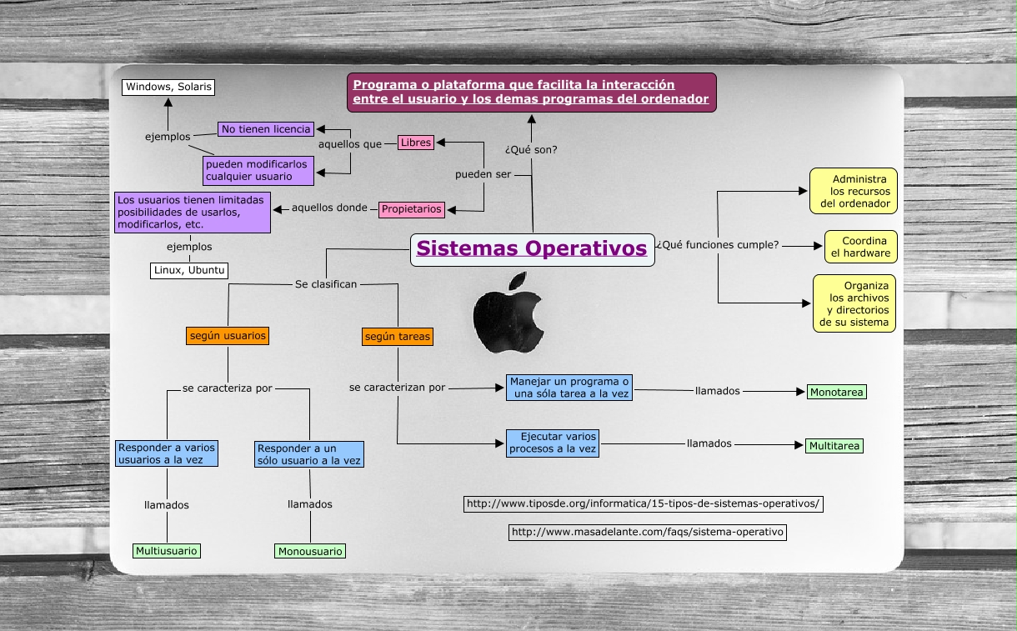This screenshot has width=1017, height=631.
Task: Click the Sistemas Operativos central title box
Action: point(532,249)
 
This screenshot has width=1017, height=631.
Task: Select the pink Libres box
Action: point(416,143)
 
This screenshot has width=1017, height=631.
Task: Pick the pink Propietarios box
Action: point(412,209)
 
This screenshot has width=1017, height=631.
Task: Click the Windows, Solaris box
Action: point(168,87)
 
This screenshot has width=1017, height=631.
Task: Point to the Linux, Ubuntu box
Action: point(189,270)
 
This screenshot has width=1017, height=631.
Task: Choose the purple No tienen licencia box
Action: point(266,129)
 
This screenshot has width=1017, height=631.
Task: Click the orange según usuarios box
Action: point(228,336)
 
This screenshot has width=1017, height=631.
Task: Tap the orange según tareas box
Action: point(398,337)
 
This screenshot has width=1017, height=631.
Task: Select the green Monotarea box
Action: point(836,392)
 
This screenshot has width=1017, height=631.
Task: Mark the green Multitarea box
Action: point(834,446)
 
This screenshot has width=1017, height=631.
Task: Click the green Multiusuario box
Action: point(168,551)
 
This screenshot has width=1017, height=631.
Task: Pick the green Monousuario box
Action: point(310,551)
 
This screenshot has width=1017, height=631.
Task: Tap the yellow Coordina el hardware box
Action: point(861,247)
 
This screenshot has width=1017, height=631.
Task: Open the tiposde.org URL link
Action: point(644,503)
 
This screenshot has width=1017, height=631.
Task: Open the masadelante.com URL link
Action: point(648,532)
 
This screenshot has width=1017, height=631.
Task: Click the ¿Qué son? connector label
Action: point(531,150)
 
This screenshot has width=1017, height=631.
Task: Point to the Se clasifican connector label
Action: point(326,284)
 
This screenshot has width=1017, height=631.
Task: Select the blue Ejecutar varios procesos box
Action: point(553,443)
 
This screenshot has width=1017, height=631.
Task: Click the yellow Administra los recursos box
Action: point(854,191)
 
